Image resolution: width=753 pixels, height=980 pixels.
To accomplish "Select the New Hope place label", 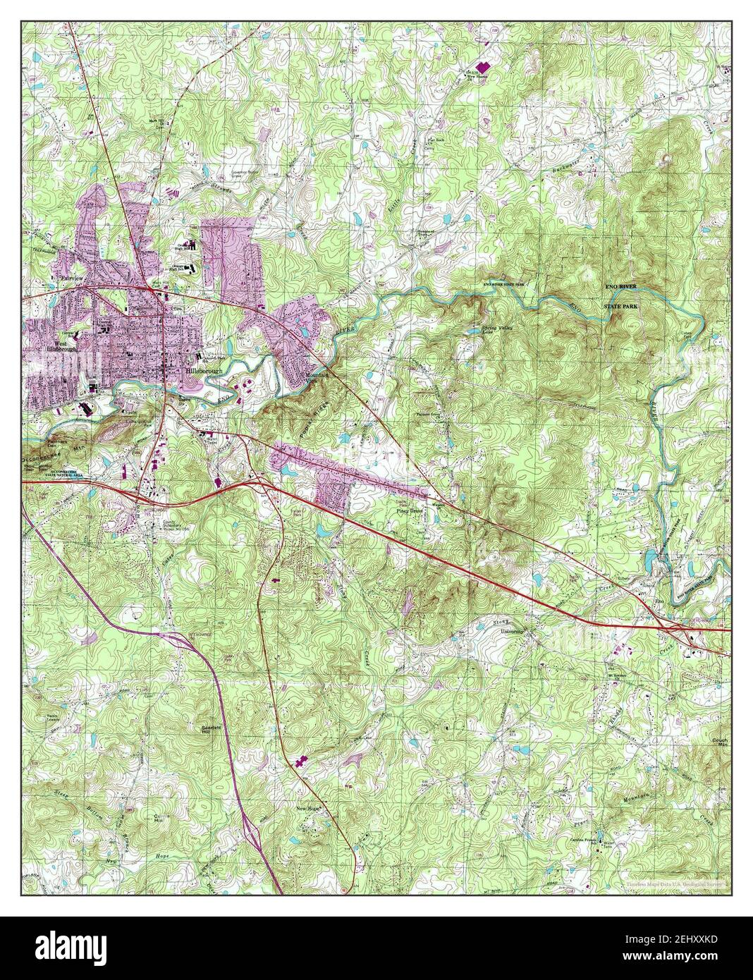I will [x=309, y=809].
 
